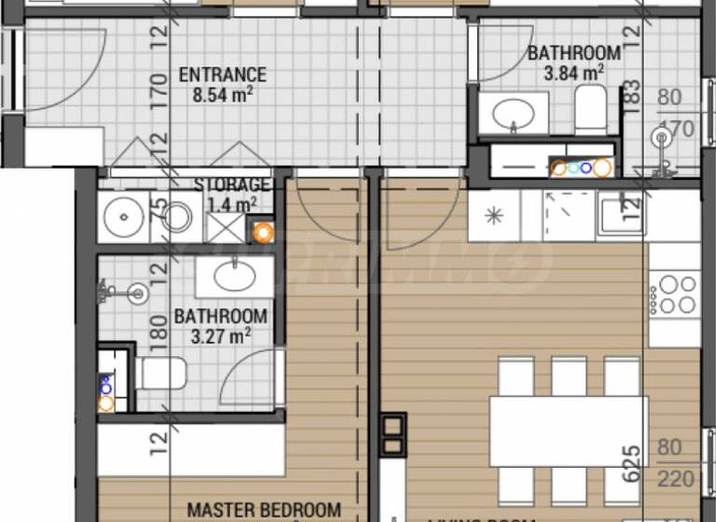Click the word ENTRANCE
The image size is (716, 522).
[x=222, y=75]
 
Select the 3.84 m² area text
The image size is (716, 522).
[x=574, y=71]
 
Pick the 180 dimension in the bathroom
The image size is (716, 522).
[x=158, y=329]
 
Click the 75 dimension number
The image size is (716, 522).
[x=158, y=207]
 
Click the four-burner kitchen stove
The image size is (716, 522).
[x=674, y=294]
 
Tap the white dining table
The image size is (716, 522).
[x=568, y=431]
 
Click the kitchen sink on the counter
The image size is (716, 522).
[x=619, y=214]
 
